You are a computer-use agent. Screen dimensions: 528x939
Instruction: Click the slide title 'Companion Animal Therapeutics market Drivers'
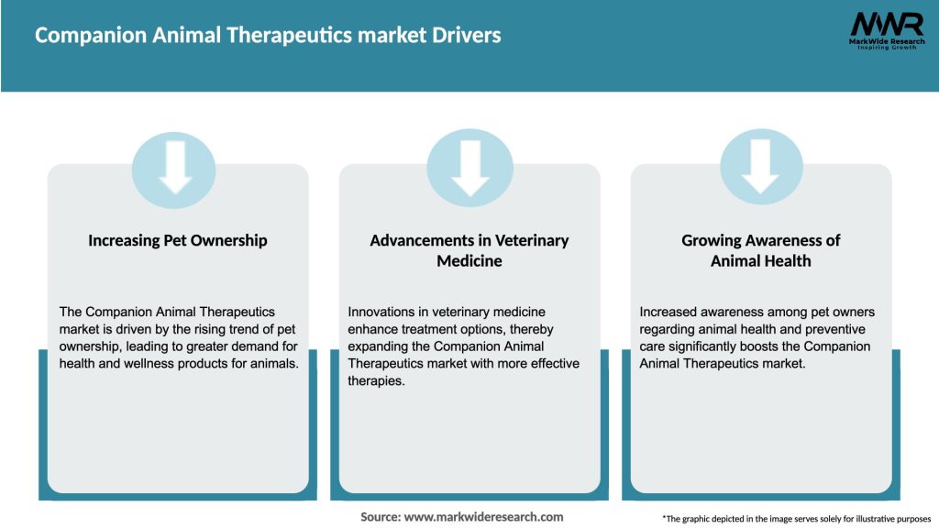pos(268,36)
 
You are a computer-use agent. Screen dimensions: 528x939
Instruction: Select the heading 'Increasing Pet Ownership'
pos(178,240)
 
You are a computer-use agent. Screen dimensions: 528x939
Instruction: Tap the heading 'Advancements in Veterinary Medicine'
pos(469,250)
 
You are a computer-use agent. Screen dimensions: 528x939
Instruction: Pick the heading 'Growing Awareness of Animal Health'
pos(761,250)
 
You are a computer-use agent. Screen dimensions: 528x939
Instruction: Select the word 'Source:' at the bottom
pos(381,517)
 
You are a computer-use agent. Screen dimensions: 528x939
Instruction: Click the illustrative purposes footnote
pos(796,519)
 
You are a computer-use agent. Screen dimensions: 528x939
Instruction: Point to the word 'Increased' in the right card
pos(669,312)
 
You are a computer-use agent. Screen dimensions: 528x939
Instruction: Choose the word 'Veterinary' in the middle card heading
pos(532,240)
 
